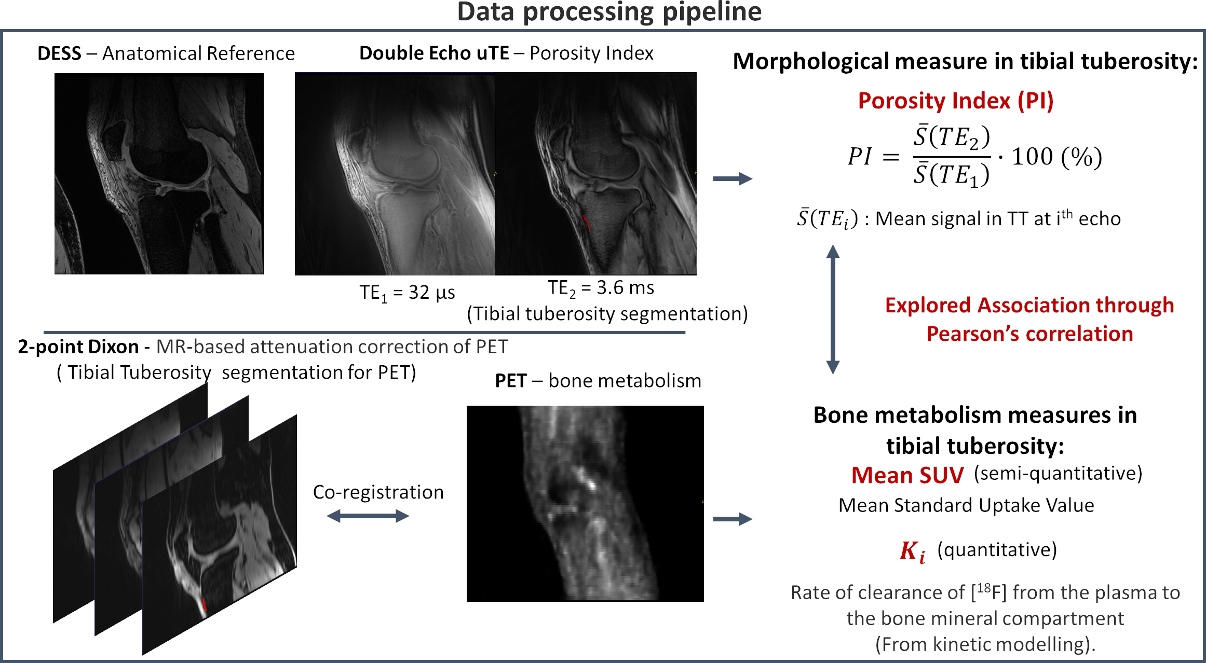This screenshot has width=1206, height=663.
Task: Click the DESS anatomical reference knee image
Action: [159, 173]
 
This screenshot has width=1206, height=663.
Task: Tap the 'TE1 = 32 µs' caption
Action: [407, 293]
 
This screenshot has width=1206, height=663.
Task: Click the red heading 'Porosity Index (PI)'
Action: [955, 101]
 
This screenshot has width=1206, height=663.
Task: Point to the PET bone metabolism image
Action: [585, 503]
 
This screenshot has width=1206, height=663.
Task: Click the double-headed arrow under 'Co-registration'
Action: [368, 516]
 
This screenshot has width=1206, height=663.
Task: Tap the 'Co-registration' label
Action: [378, 492]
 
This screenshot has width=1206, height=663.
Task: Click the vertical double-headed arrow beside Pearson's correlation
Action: [833, 309]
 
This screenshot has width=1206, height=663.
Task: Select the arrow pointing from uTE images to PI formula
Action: [733, 179]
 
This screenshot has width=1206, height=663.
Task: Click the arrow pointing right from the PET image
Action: [733, 519]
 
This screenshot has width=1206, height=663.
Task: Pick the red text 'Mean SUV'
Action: [907, 475]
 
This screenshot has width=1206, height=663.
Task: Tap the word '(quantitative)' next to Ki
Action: [997, 549]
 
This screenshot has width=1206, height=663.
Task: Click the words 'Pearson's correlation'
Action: [1029, 334]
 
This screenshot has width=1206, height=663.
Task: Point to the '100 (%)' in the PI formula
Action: [1056, 157]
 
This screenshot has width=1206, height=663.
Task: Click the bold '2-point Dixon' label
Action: [78, 347]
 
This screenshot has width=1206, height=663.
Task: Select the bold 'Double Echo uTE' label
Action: [434, 53]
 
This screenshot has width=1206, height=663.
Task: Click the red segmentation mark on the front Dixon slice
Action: [205, 605]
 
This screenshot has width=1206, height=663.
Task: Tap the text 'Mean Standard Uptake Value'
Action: [966, 505]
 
